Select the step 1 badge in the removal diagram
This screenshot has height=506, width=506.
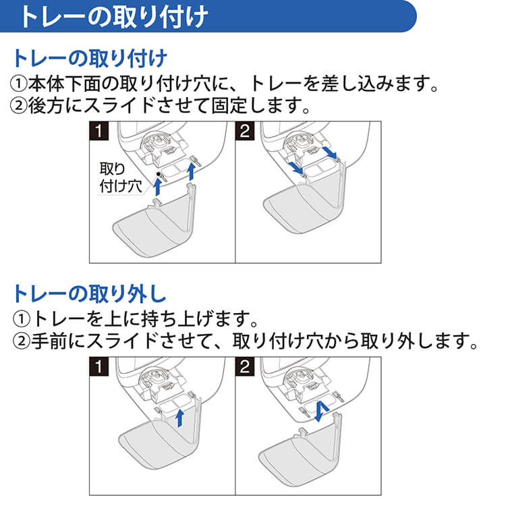[100, 368]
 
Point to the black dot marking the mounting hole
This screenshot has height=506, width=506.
[159, 175]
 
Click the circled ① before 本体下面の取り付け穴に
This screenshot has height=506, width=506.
[18, 85]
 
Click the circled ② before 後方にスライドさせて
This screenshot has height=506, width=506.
[18, 107]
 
